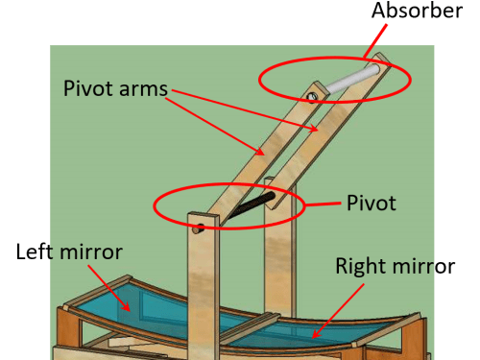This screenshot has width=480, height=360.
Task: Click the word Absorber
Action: [417, 11]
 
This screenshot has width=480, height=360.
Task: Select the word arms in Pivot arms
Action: [143, 89]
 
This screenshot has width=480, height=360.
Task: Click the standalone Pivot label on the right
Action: [372, 203]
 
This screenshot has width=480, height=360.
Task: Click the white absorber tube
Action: [353, 79]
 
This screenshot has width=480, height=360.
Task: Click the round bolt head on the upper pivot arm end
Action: [312, 96]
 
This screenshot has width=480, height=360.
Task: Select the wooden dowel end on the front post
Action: [198, 228]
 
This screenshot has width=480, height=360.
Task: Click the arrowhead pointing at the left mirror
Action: [126, 306]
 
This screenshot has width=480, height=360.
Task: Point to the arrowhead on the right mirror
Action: [317, 333]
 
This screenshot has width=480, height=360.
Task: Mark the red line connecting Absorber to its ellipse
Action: [375, 41]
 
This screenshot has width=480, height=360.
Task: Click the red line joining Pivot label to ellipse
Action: [323, 204]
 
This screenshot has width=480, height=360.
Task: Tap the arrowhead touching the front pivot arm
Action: [260, 152]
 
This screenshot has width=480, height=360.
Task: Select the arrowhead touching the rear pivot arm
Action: [314, 128]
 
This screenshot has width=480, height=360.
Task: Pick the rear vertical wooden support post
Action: [278, 250]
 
